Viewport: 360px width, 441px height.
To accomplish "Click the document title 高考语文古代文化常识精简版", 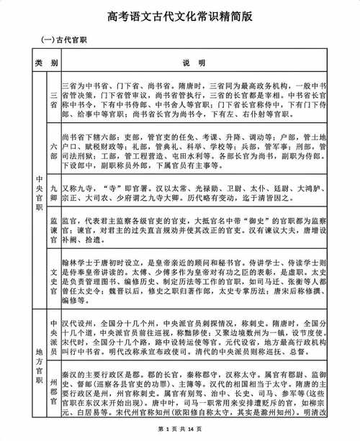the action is point(180,15).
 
